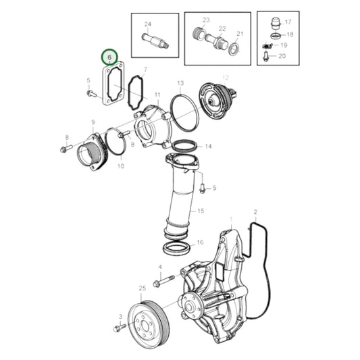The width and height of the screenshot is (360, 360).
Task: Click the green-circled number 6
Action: tap(109, 57)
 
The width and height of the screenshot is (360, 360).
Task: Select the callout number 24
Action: tap(148, 24)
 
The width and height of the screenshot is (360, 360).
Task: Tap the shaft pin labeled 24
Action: tap(155, 41)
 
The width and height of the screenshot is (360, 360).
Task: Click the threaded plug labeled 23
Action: tap(198, 32)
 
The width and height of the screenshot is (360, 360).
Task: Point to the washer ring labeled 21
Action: tap(234, 49)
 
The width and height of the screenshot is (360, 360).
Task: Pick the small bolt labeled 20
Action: tap(265, 57)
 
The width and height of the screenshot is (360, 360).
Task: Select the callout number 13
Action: tap(180, 83)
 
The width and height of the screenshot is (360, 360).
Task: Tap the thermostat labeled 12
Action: tap(217, 101)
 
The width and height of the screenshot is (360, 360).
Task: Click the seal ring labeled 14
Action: tap(184, 146)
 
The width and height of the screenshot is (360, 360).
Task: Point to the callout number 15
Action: tap(201, 211)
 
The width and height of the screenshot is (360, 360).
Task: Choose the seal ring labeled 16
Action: tap(176, 248)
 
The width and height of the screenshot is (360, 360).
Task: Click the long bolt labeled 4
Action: tap(164, 280)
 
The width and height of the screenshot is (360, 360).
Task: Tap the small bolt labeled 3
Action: tap(120, 328)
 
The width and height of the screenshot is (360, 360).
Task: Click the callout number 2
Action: tap(255, 212)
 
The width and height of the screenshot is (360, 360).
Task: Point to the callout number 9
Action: tap(93, 122)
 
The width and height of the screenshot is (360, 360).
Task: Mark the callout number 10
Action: tap(121, 165)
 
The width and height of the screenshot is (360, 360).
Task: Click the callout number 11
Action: tap(157, 95)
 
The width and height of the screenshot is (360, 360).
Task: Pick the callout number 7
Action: tap(145, 70)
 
